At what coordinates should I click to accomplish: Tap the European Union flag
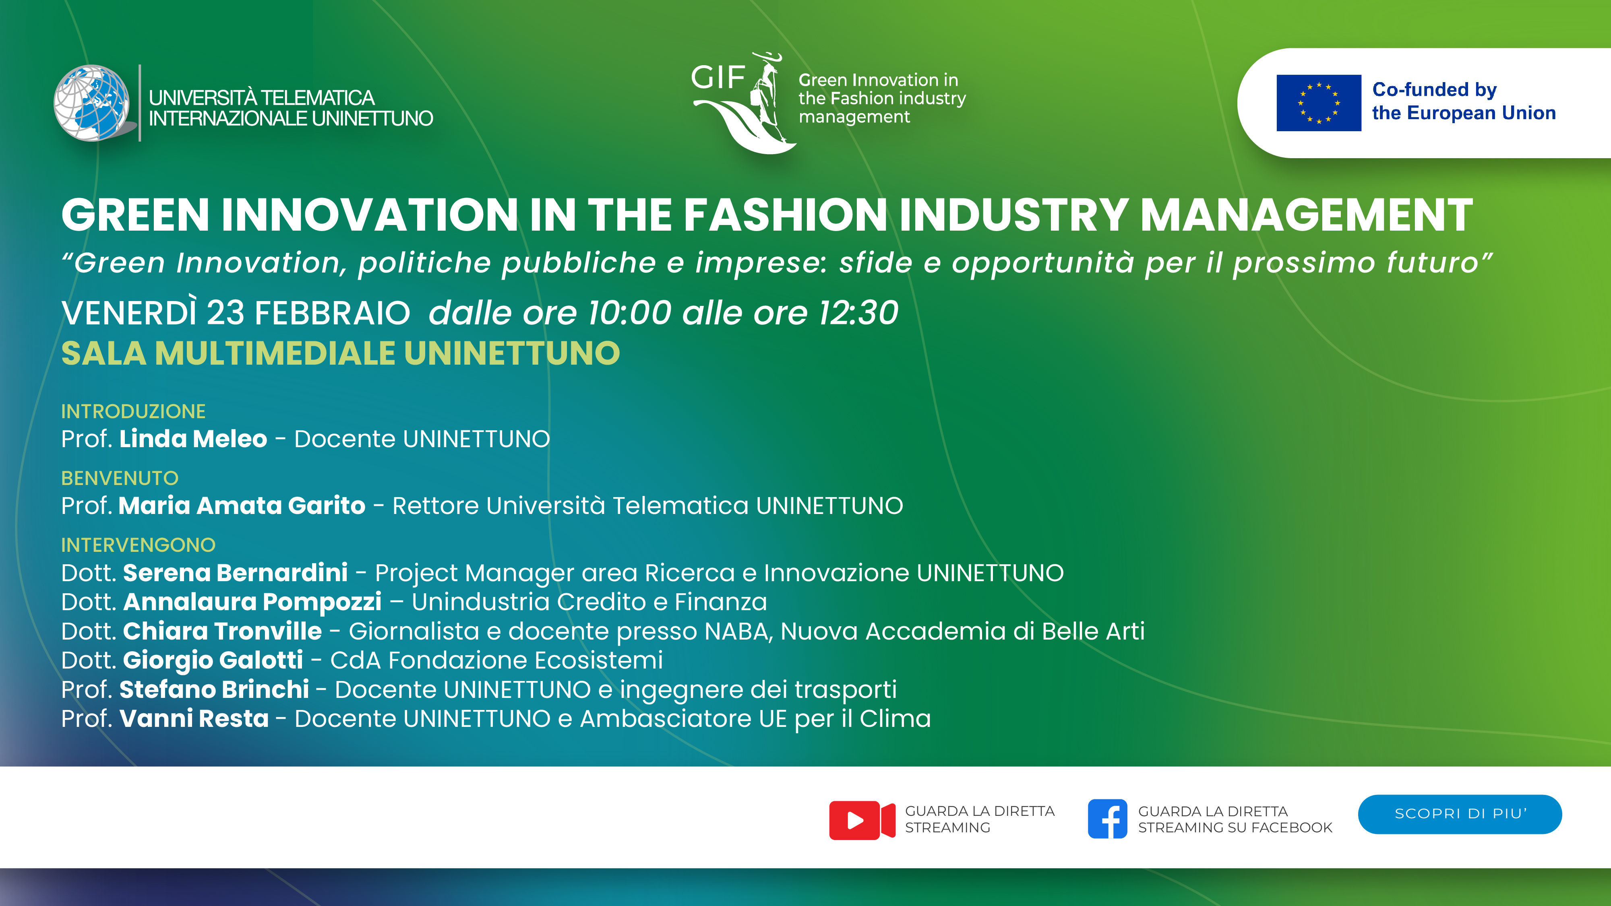[x=1318, y=103]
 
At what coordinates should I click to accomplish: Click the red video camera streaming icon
[x=862, y=820]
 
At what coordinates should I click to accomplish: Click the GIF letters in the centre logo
[x=718, y=78]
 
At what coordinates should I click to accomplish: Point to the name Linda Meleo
[x=193, y=439]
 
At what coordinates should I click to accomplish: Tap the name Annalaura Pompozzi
[x=252, y=602]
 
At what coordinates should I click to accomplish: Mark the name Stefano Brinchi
[x=214, y=689]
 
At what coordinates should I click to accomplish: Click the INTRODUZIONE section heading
[x=133, y=411]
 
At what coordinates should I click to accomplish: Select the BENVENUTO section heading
[x=120, y=478]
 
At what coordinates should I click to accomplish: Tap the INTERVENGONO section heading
[x=138, y=545]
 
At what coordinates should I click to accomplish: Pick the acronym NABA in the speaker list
[x=738, y=632]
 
